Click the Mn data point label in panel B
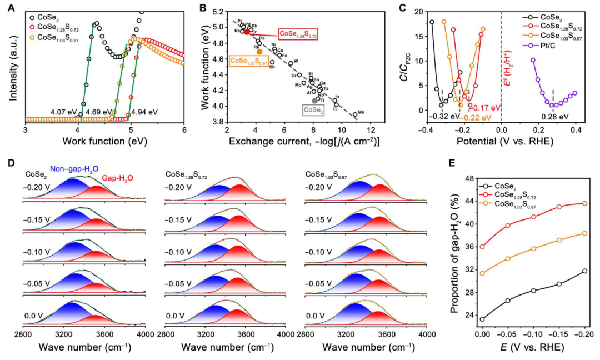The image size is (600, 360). [361, 113]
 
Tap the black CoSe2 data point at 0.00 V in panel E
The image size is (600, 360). [482, 319]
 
